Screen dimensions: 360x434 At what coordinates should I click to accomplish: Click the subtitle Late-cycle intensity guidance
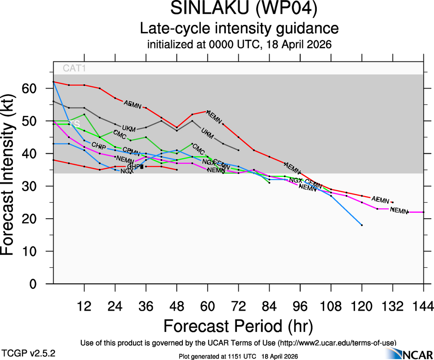(x=239, y=29)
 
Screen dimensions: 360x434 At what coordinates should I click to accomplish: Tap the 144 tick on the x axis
(x=423, y=306)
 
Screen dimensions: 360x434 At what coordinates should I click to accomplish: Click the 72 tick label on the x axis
(x=238, y=306)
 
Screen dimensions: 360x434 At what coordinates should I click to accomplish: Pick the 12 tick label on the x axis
(x=84, y=306)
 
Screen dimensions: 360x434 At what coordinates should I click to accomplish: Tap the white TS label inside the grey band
(x=74, y=124)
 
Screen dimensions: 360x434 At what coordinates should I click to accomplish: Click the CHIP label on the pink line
(x=99, y=146)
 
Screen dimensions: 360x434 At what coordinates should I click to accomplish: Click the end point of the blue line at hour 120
(x=362, y=225)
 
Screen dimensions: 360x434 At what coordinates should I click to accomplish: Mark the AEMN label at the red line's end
(x=380, y=200)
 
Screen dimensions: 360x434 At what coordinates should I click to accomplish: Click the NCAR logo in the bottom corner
(x=413, y=354)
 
